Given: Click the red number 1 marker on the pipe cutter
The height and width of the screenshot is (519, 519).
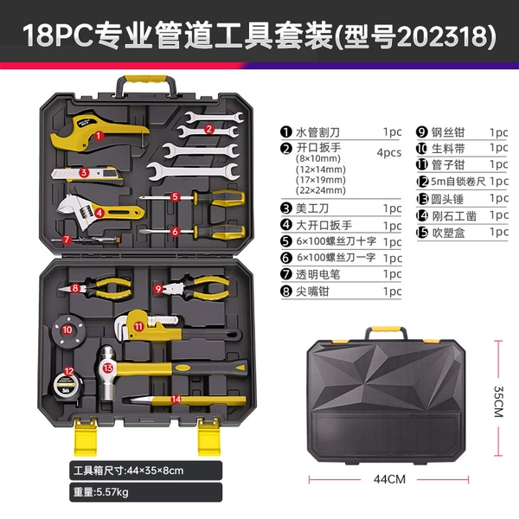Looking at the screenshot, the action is click(x=99, y=136).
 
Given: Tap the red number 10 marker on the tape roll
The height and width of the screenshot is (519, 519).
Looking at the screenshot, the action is click(x=67, y=330).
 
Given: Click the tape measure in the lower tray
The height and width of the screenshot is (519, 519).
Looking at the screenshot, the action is click(x=67, y=385).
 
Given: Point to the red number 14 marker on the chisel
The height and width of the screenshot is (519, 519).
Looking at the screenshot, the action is click(x=176, y=400).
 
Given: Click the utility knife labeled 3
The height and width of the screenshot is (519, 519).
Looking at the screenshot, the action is click(x=87, y=175).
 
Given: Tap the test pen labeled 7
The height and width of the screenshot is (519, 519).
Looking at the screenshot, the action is click(x=86, y=240).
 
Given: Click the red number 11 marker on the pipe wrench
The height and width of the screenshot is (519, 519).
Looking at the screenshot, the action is click(x=138, y=327).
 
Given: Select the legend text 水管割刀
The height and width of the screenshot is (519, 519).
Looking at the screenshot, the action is click(x=317, y=132).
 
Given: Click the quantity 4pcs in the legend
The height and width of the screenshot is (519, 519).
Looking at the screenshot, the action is click(x=389, y=152).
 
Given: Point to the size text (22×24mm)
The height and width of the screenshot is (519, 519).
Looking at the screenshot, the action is click(x=321, y=190).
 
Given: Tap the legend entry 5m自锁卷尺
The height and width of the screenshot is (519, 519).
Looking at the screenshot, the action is click(x=458, y=182).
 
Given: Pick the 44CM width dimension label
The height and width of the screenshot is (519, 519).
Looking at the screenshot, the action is click(x=389, y=479).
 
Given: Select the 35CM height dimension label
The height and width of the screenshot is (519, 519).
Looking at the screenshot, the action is click(x=498, y=401).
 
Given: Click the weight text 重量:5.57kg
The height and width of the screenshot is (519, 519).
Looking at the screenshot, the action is click(x=100, y=492).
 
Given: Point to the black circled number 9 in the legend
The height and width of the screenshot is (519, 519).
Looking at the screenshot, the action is click(x=422, y=132).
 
